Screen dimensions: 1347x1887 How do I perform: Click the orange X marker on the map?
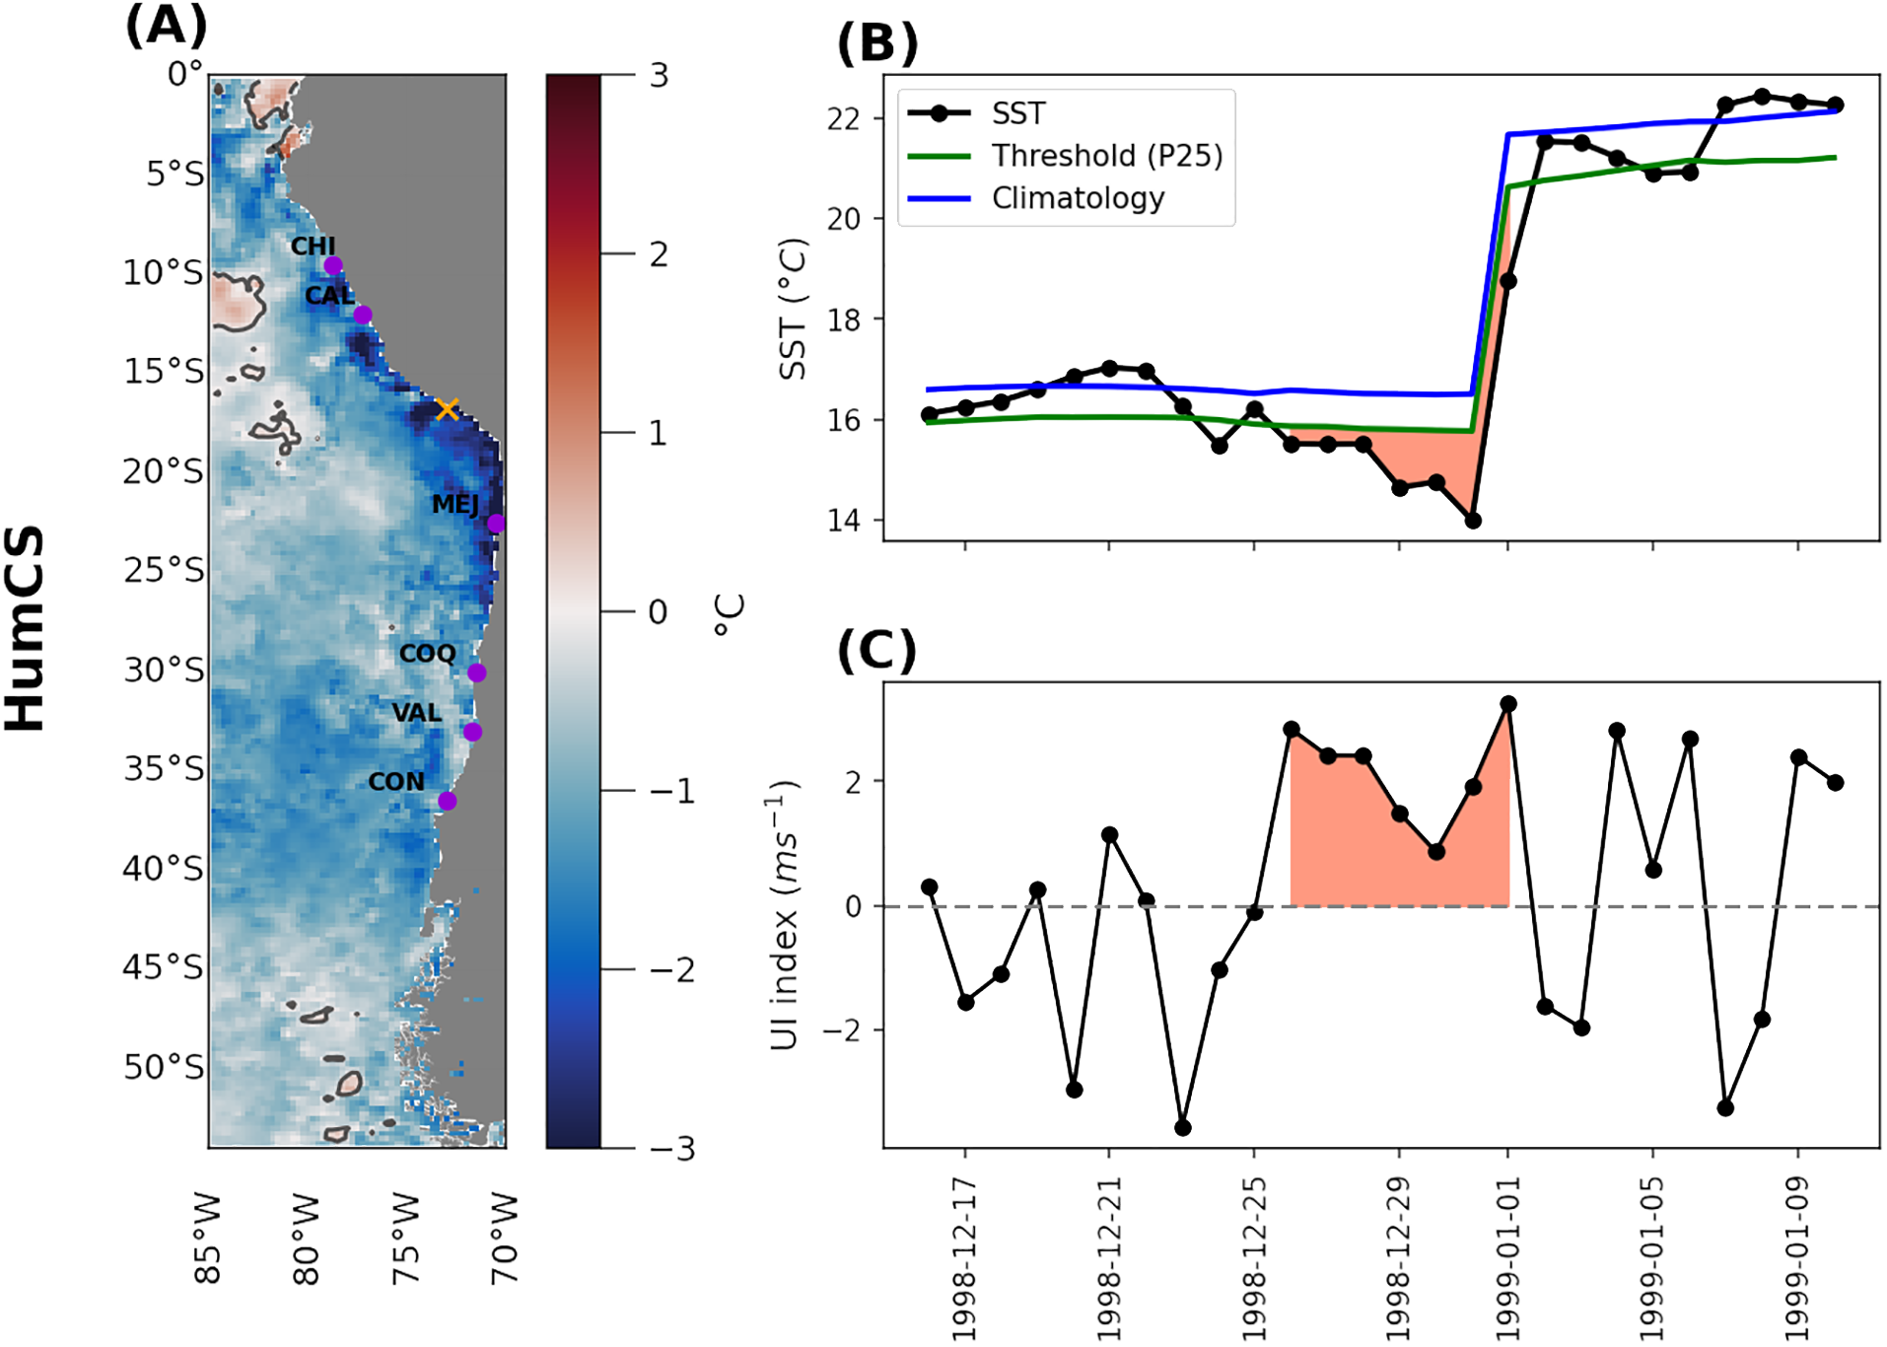click(448, 409)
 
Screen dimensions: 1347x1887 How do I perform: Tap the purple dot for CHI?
click(333, 265)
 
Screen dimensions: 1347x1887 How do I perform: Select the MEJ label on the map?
click(455, 504)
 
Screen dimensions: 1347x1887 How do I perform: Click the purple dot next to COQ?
click(477, 673)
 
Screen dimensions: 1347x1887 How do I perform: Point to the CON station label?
click(396, 782)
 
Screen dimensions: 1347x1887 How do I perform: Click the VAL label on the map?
click(416, 712)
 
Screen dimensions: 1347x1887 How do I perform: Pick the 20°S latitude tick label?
click(164, 471)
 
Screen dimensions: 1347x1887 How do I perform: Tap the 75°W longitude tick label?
click(405, 1239)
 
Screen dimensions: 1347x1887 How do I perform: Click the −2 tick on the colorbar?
click(671, 970)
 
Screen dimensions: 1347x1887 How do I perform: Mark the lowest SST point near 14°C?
click(1472, 521)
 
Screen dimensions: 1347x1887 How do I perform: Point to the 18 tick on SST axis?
click(844, 319)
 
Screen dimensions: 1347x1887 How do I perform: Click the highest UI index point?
click(1508, 704)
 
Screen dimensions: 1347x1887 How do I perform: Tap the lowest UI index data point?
click(1183, 1128)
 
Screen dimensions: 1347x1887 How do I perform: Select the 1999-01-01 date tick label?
click(1507, 1258)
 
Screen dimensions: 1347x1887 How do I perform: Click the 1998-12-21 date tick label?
click(1109, 1258)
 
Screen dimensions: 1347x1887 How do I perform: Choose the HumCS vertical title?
click(27, 628)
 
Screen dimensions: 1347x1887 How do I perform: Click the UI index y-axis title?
click(785, 914)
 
